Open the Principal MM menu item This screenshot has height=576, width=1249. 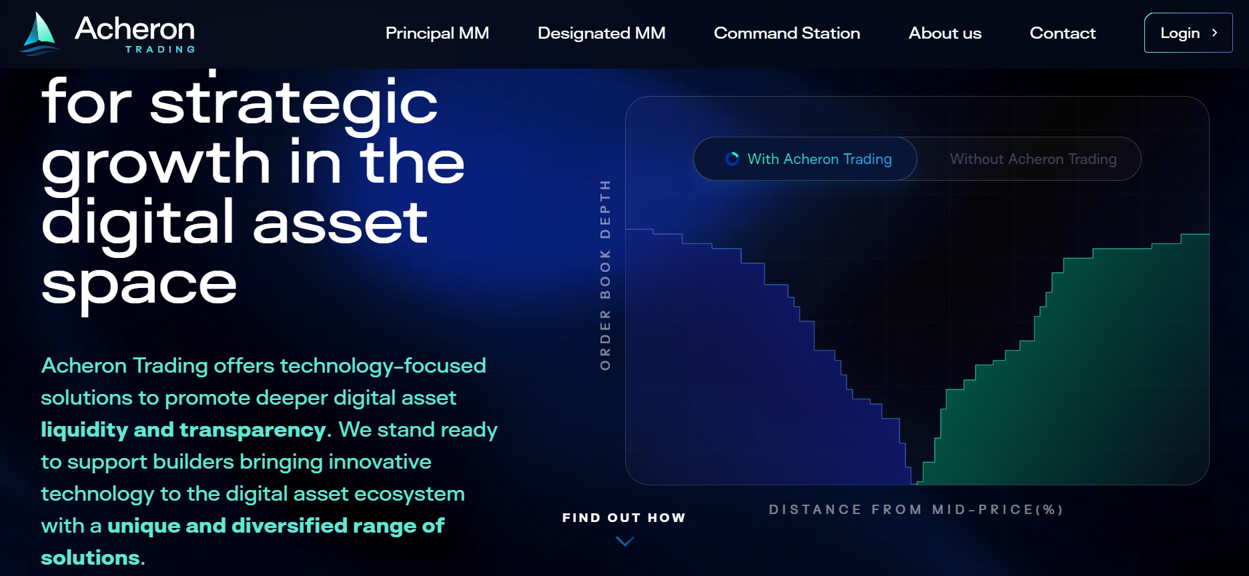point(437,33)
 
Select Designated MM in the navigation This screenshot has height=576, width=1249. point(601,33)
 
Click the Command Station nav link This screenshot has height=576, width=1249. point(787,33)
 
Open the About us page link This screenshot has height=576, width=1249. point(945,33)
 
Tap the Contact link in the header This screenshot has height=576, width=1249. point(1062,33)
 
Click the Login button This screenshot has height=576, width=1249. point(1188,33)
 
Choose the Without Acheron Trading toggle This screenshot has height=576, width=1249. point(1033,159)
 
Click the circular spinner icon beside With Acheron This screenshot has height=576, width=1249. point(732,159)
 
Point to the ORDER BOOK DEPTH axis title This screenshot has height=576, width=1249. point(605,275)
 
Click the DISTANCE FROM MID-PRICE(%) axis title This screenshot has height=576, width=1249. point(916,509)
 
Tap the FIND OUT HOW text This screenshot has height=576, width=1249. point(624,518)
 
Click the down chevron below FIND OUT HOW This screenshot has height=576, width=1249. point(624,541)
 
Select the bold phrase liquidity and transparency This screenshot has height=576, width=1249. point(183,429)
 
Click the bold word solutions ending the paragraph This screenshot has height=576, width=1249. point(90,557)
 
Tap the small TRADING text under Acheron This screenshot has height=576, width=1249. point(160,49)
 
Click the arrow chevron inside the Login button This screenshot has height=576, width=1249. point(1214,33)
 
